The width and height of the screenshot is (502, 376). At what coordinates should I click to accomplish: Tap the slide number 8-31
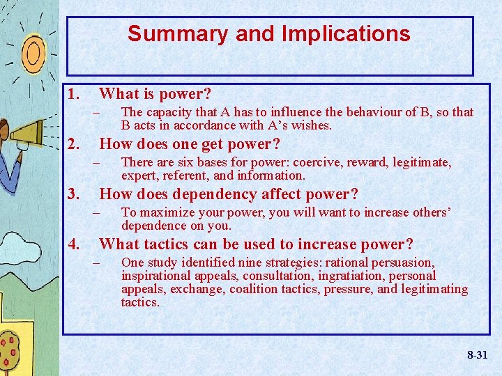pos(478,355)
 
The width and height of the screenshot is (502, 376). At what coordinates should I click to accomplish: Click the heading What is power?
pos(155,93)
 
